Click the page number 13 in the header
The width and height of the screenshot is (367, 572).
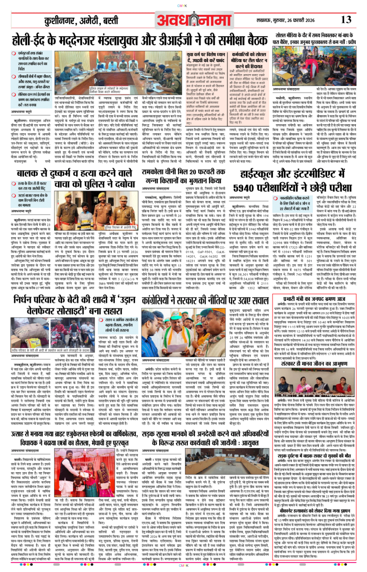click(x=346, y=20)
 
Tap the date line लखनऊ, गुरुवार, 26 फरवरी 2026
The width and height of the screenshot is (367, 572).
click(x=285, y=20)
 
